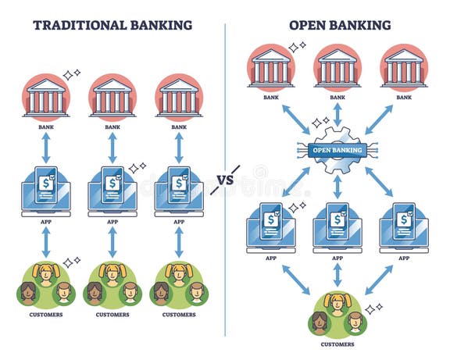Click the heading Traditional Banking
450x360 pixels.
coord(112,25)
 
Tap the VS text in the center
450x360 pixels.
coord(225,180)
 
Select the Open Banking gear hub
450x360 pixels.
coord(337,149)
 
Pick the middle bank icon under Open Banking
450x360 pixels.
coord(337,66)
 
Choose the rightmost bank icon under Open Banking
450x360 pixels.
coord(404,66)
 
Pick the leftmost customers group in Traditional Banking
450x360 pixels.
coord(46,285)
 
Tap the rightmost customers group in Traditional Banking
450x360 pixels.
coord(179,285)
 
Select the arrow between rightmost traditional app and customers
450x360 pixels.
coord(179,242)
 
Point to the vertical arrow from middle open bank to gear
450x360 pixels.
coord(337,115)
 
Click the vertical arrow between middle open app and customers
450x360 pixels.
coord(337,274)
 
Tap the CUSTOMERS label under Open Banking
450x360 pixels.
coord(337,344)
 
